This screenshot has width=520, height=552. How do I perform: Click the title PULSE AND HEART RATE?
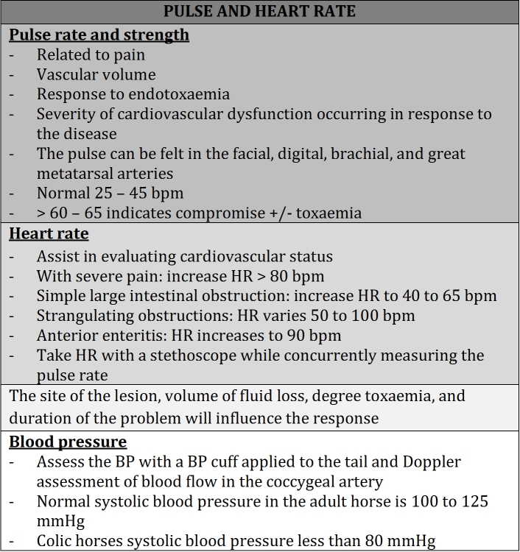pyautogui.click(x=259, y=11)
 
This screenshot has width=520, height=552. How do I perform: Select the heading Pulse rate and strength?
pyautogui.click(x=99, y=35)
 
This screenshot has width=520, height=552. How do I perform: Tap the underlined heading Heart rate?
pyautogui.click(x=49, y=233)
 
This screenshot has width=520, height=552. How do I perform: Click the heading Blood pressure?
pyautogui.click(x=68, y=442)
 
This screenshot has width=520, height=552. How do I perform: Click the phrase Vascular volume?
pyautogui.click(x=96, y=74)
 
